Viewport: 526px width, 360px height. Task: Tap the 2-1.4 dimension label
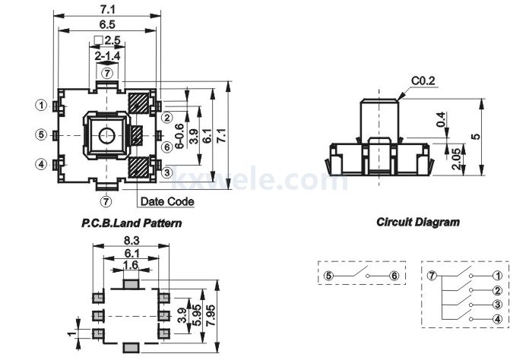coord(107,55)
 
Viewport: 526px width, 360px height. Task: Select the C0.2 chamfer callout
coord(423,80)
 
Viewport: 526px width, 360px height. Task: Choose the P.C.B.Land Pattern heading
coord(131,224)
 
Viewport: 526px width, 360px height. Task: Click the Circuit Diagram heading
coord(417,223)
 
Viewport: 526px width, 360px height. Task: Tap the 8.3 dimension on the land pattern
coord(130,239)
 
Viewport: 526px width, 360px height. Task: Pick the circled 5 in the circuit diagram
coord(328,276)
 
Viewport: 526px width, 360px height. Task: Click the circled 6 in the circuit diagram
coord(394,276)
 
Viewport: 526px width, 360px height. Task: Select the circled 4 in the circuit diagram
coord(496,320)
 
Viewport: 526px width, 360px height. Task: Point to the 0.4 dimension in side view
coord(442,120)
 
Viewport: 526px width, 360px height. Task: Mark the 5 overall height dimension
coord(476,137)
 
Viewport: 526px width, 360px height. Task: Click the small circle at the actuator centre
coord(106,135)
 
